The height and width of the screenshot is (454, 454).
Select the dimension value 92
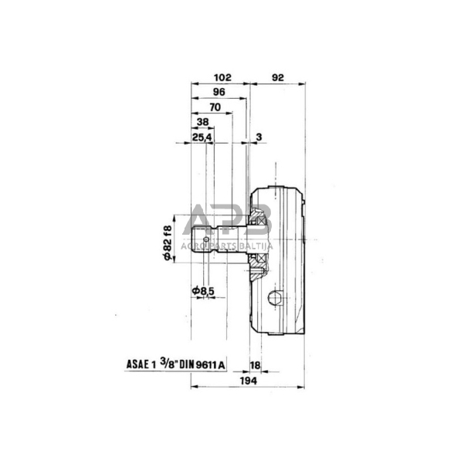tap(279, 78)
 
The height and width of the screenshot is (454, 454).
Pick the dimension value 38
tap(202, 123)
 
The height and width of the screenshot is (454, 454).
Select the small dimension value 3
tap(258, 137)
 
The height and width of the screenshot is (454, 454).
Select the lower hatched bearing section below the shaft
tap(260, 262)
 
